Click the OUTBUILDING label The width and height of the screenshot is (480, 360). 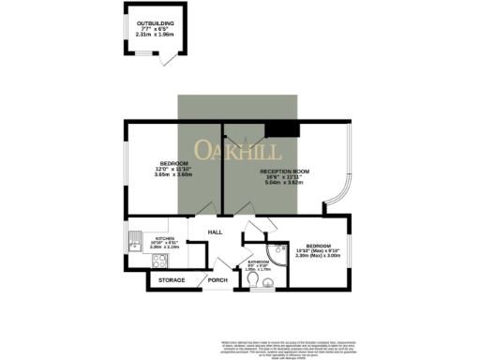click(156, 22)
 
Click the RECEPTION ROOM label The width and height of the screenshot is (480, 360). click(285, 171)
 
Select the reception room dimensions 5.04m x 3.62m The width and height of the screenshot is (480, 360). click(285, 184)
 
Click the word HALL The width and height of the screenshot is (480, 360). click(215, 231)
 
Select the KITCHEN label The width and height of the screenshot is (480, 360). click(165, 238)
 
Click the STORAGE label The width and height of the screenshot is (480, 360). click(171, 280)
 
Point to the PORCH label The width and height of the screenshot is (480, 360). click(217, 280)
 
